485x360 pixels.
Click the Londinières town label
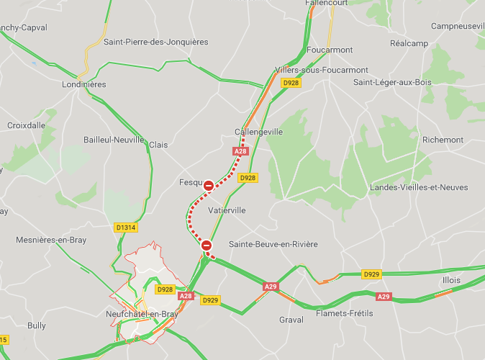pos(84,84)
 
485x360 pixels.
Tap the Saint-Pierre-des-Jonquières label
pos(155,42)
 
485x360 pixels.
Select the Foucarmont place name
pos(330,50)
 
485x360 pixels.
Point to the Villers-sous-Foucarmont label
pos(321,70)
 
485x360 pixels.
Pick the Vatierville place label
pos(227,210)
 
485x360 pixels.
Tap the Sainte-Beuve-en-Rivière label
pos(273,244)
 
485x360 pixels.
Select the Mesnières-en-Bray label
pos(50,240)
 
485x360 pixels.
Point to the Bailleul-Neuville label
pos(114,140)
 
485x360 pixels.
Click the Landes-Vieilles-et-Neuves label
pos(412,188)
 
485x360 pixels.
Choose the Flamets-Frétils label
pos(346,315)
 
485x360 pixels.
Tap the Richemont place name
pos(443,140)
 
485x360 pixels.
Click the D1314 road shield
pos(125,228)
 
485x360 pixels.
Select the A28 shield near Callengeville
pos(240,151)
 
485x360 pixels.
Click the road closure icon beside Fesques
pos(208,186)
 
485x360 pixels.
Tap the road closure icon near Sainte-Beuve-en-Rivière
pos(207,246)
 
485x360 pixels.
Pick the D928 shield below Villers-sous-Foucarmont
pos(291,83)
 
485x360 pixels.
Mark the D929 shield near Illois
pos(371,274)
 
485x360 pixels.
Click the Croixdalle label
pos(26,125)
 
